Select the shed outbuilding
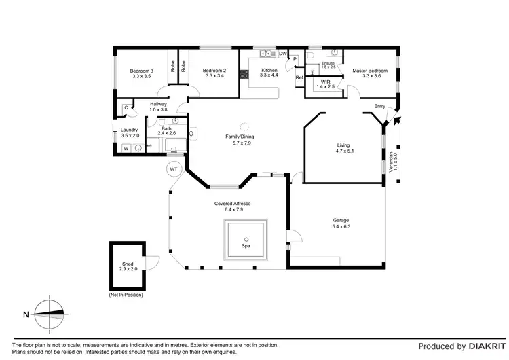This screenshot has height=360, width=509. (x=129, y=266)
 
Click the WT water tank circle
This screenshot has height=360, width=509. (x=173, y=168)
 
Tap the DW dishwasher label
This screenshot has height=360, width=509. (x=282, y=54)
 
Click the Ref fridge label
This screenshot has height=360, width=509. (x=299, y=78)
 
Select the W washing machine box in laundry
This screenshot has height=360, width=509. (x=126, y=148)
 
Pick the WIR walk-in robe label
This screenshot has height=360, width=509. (x=325, y=84)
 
